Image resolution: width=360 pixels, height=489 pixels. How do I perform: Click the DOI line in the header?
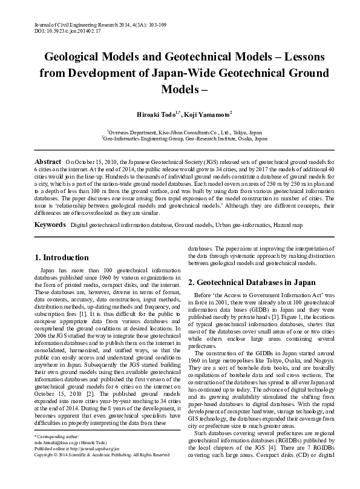[x=54, y=29]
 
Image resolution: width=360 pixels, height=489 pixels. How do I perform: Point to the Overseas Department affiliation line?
[x=185, y=131]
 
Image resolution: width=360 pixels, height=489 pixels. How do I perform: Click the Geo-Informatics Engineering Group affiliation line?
[x=185, y=138]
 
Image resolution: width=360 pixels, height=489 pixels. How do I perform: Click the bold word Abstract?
[x=48, y=162]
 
